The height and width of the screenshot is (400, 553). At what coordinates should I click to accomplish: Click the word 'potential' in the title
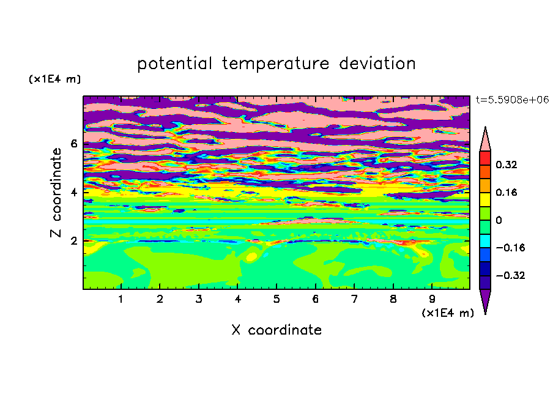pyautogui.click(x=174, y=64)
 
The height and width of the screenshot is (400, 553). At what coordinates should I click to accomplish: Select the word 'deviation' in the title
pyautogui.click(x=377, y=64)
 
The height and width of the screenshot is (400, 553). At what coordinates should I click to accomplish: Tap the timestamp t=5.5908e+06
pyautogui.click(x=513, y=100)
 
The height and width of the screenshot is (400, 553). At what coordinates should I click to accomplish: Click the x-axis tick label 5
pyautogui.click(x=276, y=299)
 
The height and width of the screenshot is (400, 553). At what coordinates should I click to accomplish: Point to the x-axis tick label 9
pyautogui.click(x=432, y=299)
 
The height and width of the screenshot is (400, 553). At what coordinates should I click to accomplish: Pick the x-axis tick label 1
pyautogui.click(x=121, y=299)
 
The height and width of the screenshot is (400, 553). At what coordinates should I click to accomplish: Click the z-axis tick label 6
pyautogui.click(x=73, y=144)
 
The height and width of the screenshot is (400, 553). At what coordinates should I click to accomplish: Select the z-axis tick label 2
pyautogui.click(x=73, y=241)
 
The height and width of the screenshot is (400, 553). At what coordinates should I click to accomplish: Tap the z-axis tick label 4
pyautogui.click(x=73, y=193)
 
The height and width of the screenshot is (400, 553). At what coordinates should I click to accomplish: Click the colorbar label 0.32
pyautogui.click(x=507, y=165)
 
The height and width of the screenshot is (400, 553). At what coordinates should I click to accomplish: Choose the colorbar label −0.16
pyautogui.click(x=510, y=248)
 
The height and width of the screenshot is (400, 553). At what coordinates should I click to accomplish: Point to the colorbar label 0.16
pyautogui.click(x=507, y=192)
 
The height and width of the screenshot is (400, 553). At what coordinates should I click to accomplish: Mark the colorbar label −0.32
pyautogui.click(x=510, y=275)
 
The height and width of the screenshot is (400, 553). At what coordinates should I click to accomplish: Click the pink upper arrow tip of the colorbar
pyautogui.click(x=485, y=127)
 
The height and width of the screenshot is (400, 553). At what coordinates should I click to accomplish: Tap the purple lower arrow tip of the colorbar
pyautogui.click(x=485, y=313)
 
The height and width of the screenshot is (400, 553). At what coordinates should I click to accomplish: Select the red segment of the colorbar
pyautogui.click(x=485, y=158)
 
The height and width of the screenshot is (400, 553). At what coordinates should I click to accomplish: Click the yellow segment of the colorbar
pyautogui.click(x=485, y=199)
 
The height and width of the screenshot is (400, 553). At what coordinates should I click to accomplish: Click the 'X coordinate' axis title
pyautogui.click(x=276, y=330)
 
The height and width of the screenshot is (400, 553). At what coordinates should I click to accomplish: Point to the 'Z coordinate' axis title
pyautogui.click(x=56, y=193)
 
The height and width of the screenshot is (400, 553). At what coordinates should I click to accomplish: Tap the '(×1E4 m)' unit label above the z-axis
pyautogui.click(x=54, y=79)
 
